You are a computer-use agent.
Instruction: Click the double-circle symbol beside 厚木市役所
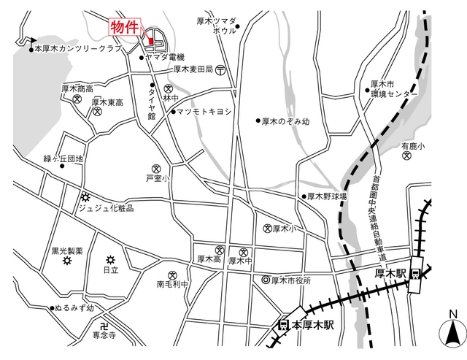tap(266, 280)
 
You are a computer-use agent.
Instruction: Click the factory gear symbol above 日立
tap(110, 259)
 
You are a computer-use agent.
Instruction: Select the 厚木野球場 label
tap(326, 196)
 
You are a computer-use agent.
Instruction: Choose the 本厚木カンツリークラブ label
tap(77, 49)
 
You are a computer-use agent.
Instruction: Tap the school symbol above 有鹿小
tap(407, 156)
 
